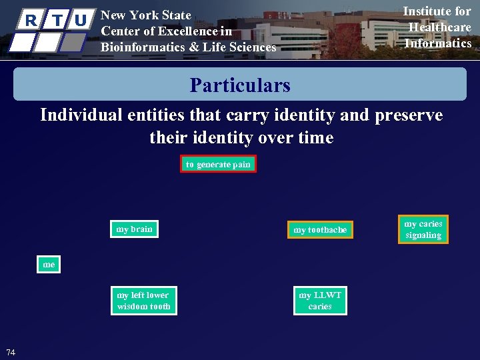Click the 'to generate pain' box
[x=218, y=164]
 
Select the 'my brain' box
[x=134, y=229]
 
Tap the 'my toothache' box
[x=320, y=230]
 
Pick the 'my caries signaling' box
[x=423, y=229]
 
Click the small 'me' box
[x=49, y=265]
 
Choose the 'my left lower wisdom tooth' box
[x=143, y=301]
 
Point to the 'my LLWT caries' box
[x=320, y=301]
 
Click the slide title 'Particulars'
[x=240, y=85]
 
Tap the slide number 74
[x=11, y=352]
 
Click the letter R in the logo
[x=31, y=21]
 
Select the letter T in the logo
[x=57, y=21]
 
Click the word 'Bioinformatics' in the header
[x=135, y=47]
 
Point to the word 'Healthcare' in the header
[x=439, y=27]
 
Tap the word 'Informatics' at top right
[x=438, y=43]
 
